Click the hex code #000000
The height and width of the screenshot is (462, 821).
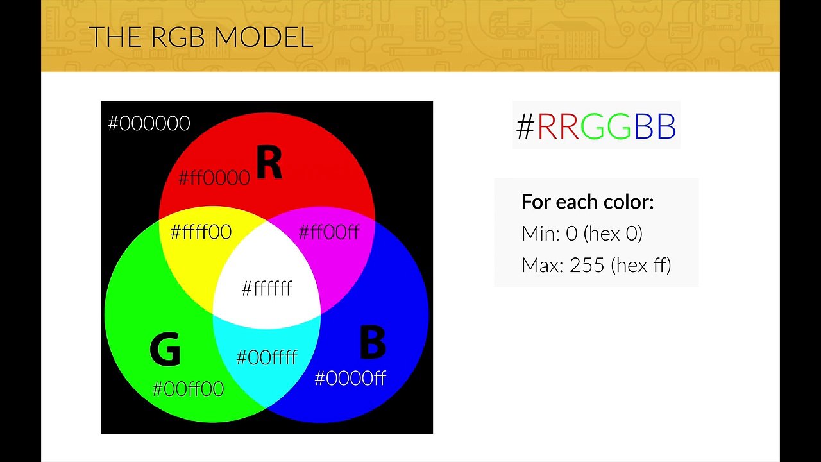pyautogui.click(x=149, y=123)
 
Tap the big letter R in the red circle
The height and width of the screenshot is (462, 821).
pyautogui.click(x=269, y=164)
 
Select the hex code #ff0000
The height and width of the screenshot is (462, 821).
pyautogui.click(x=214, y=178)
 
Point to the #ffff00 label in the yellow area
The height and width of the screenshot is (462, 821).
pyautogui.click(x=201, y=232)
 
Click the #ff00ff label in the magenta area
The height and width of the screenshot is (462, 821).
pyautogui.click(x=329, y=232)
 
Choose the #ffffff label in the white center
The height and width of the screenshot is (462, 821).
pyautogui.click(x=267, y=289)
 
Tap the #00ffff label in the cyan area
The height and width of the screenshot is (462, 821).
pyautogui.click(x=267, y=357)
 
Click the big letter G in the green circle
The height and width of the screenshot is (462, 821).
pyautogui.click(x=165, y=350)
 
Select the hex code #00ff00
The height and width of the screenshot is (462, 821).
pyautogui.click(x=188, y=389)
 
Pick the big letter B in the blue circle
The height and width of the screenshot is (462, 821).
pyautogui.click(x=372, y=343)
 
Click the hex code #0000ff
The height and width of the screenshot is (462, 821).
pyautogui.click(x=350, y=379)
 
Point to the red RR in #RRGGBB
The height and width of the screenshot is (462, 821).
pyautogui.click(x=557, y=126)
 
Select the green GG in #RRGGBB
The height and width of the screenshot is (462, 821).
pyautogui.click(x=605, y=126)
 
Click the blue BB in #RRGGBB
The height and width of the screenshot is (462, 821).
pyautogui.click(x=655, y=126)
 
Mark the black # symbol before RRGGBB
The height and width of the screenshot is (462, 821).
pyautogui.click(x=525, y=126)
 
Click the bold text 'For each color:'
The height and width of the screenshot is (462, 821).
pyautogui.click(x=588, y=201)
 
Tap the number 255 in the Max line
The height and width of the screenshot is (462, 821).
pyautogui.click(x=587, y=265)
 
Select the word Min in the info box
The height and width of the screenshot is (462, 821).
pyautogui.click(x=539, y=234)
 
